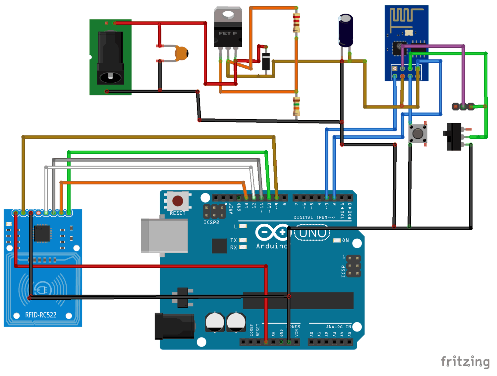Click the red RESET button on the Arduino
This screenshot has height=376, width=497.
pos(178,201)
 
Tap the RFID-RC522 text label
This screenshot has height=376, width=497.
pos(41,315)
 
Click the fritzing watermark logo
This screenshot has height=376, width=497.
pos(465,361)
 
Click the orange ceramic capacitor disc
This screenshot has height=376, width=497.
pos(181,53)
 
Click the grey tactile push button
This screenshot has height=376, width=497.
pos(417,133)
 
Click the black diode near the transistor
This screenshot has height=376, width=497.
pos(266,61)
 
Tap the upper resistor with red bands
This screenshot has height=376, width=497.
pos(296,23)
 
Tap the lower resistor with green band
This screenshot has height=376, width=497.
pos(296,106)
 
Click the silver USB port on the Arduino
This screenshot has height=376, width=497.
pos(164,235)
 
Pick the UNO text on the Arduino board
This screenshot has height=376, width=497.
pos(312,233)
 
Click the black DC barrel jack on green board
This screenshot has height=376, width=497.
pos(110,58)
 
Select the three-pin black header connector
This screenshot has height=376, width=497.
pos(463,107)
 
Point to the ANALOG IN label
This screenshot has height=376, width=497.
pos(338,327)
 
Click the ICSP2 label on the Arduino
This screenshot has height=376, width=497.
pos(211,222)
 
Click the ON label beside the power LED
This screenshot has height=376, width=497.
pos(345,240)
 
